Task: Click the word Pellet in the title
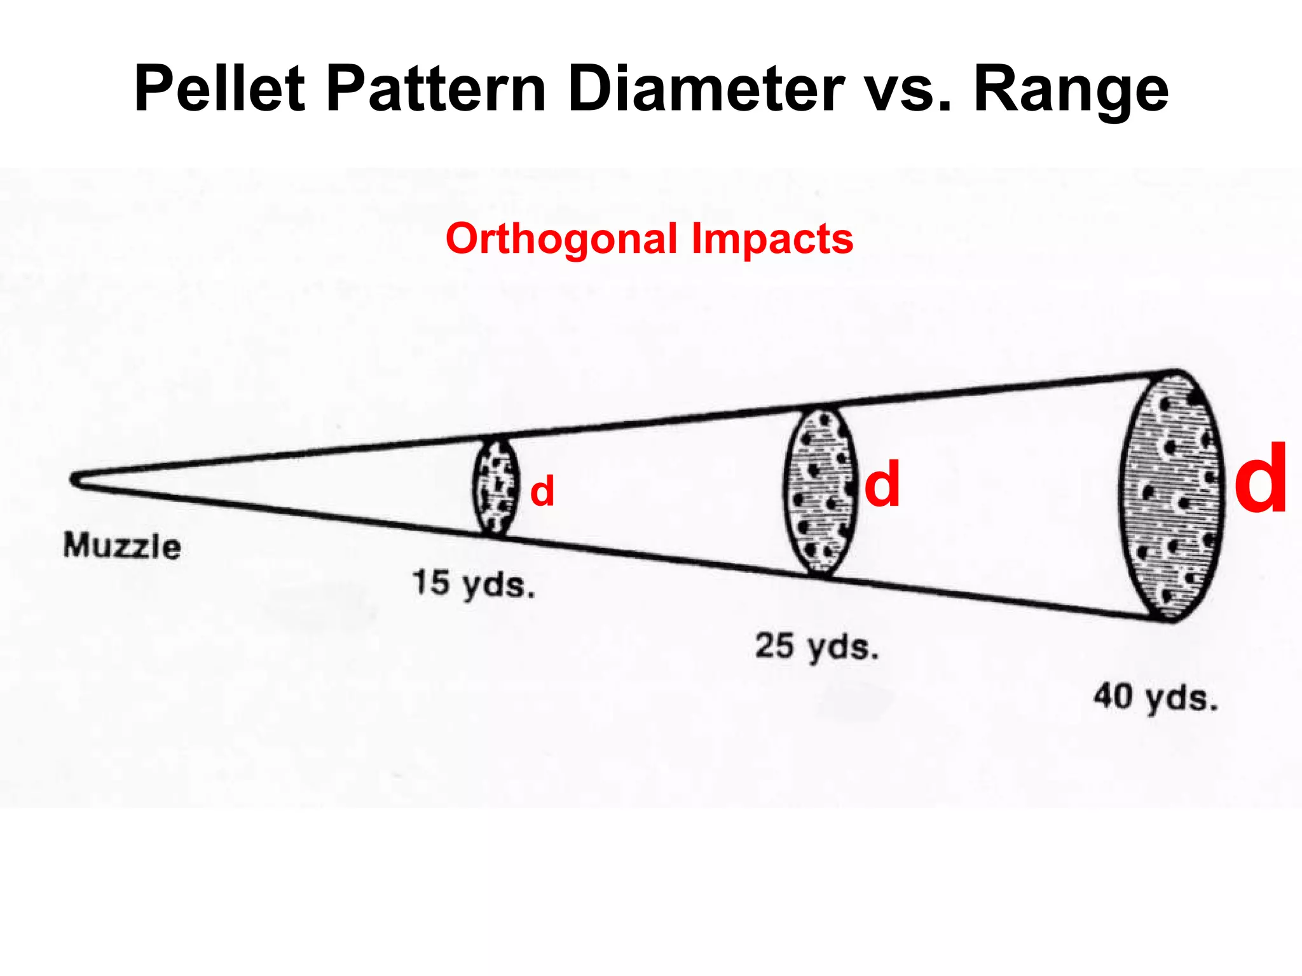pyautogui.click(x=219, y=89)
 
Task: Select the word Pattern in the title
pyautogui.click(x=436, y=89)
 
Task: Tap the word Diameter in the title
pyautogui.click(x=706, y=89)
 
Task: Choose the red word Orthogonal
pyautogui.click(x=561, y=239)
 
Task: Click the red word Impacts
pyautogui.click(x=772, y=239)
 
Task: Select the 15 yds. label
pyautogui.click(x=474, y=583)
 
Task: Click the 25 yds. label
pyautogui.click(x=817, y=646)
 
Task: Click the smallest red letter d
pyautogui.click(x=542, y=491)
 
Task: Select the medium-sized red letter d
pyautogui.click(x=882, y=484)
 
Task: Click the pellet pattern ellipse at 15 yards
pyautogui.click(x=496, y=486)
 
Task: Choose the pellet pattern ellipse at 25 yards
pyautogui.click(x=820, y=491)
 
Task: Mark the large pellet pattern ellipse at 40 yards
pyautogui.click(x=1172, y=495)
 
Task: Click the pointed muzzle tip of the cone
pyautogui.click(x=75, y=480)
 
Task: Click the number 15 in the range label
pyautogui.click(x=431, y=581)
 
